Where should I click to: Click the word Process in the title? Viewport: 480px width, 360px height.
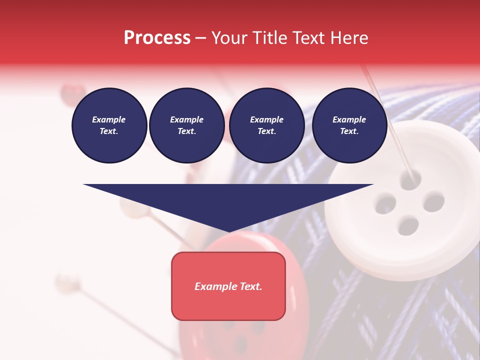(157, 37)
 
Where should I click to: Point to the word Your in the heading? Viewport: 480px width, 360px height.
(231, 37)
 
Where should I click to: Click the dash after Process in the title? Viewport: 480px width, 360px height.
(200, 38)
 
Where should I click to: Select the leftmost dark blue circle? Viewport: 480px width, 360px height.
(109, 125)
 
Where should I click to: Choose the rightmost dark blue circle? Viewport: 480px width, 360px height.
(349, 125)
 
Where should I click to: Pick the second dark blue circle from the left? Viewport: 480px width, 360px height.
(186, 125)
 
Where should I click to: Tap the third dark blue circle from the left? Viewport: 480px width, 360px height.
(266, 125)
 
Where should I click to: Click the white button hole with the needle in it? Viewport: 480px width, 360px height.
(410, 179)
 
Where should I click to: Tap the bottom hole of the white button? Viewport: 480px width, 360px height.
(408, 226)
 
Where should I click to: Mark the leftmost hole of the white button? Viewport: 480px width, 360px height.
(385, 204)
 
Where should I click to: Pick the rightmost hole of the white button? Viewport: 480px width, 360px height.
(433, 202)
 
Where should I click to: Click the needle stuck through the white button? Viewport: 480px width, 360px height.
(390, 125)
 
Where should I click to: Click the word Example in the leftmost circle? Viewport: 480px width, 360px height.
(109, 119)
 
